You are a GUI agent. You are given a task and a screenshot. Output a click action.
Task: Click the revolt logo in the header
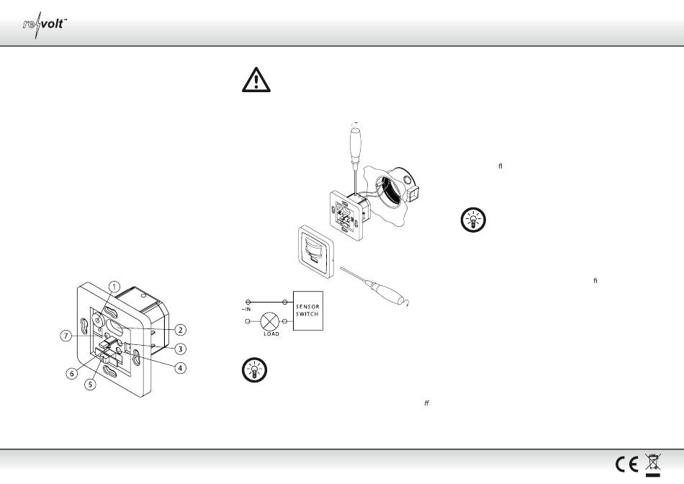[x=45, y=24]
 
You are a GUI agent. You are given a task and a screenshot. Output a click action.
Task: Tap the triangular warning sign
[x=256, y=80]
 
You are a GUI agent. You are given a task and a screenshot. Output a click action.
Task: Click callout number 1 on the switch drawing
[x=114, y=287]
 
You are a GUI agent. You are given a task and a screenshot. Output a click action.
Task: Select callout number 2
[x=180, y=330]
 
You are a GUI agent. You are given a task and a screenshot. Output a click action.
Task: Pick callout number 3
[x=180, y=349]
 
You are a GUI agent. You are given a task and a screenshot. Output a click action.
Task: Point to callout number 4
[x=180, y=368]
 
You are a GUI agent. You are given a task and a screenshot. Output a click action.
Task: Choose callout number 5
[x=90, y=385]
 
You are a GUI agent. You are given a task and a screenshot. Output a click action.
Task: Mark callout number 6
[x=72, y=374]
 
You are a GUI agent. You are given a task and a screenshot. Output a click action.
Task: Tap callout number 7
[x=66, y=336]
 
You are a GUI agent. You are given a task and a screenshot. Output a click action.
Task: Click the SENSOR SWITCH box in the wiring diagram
[x=308, y=310]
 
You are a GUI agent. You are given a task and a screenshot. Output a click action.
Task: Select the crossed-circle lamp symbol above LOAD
[x=270, y=322]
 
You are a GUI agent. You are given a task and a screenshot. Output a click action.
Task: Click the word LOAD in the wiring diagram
[x=271, y=334]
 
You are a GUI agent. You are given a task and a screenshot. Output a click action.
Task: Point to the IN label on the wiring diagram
[x=246, y=310]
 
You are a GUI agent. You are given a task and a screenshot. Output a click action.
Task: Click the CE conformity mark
[x=627, y=464]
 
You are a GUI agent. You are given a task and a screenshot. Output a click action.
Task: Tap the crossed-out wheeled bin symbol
[x=652, y=465]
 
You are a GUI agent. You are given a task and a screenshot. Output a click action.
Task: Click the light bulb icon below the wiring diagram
[x=254, y=370]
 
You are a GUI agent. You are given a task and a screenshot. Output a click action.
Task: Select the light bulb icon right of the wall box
[x=473, y=220]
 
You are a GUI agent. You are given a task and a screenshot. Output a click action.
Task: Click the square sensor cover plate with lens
[x=316, y=251]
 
